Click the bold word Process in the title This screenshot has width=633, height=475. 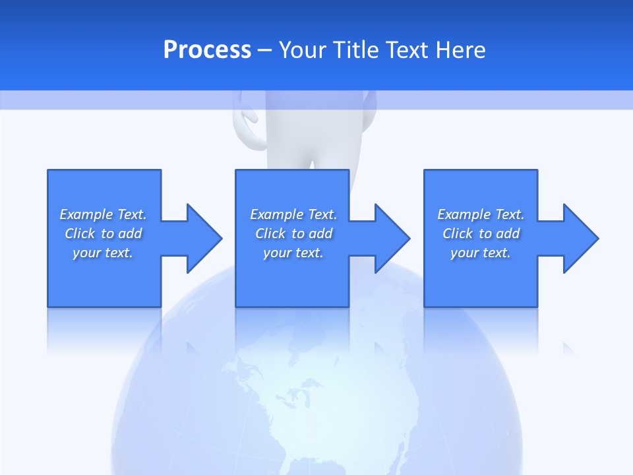[207, 49]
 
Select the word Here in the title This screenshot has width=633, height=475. [460, 49]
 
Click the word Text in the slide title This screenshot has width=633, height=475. [407, 49]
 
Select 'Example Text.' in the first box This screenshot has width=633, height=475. [103, 214]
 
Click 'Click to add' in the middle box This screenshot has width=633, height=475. [293, 234]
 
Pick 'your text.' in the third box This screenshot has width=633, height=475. [480, 253]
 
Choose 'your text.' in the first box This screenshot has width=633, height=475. [103, 253]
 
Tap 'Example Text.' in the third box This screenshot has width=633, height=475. [481, 214]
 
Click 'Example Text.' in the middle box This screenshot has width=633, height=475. [293, 214]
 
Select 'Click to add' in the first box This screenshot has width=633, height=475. [104, 234]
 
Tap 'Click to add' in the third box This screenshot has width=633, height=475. [481, 234]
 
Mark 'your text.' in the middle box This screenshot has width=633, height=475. [293, 253]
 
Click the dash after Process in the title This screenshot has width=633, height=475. [264, 49]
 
